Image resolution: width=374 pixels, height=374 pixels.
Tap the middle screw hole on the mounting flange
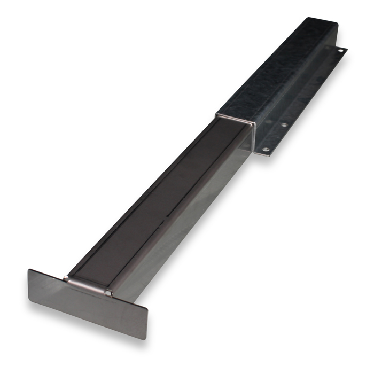tap(285, 125)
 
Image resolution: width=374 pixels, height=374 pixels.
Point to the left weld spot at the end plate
tap(66, 278)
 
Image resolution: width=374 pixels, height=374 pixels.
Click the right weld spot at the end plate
tap(108, 292)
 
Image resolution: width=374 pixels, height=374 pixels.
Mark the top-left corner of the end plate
tap(29, 269)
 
